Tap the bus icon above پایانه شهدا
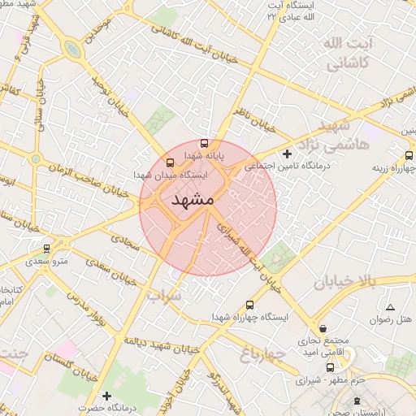click(x=203, y=141)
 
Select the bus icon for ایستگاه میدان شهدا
click(x=169, y=162)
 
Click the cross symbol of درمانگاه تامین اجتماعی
click(x=286, y=154)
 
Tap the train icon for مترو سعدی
click(x=47, y=249)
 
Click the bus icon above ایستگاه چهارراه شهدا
click(x=249, y=305)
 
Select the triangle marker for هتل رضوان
click(x=391, y=307)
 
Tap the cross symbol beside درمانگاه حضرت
click(x=83, y=406)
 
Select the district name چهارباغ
click(x=264, y=353)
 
